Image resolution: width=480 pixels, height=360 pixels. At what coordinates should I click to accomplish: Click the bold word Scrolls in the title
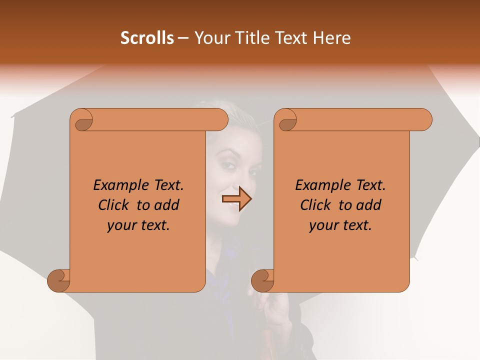[x=147, y=38]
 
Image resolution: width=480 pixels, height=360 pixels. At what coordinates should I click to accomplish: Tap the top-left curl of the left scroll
[x=82, y=120]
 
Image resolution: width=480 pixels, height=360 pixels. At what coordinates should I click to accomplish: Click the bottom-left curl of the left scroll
[x=59, y=280]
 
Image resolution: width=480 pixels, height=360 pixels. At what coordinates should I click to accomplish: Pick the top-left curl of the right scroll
[x=286, y=120]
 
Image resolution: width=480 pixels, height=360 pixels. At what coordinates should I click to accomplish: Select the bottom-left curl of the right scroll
[x=263, y=280]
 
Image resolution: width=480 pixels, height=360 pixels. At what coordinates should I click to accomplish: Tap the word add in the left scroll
[x=167, y=205]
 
